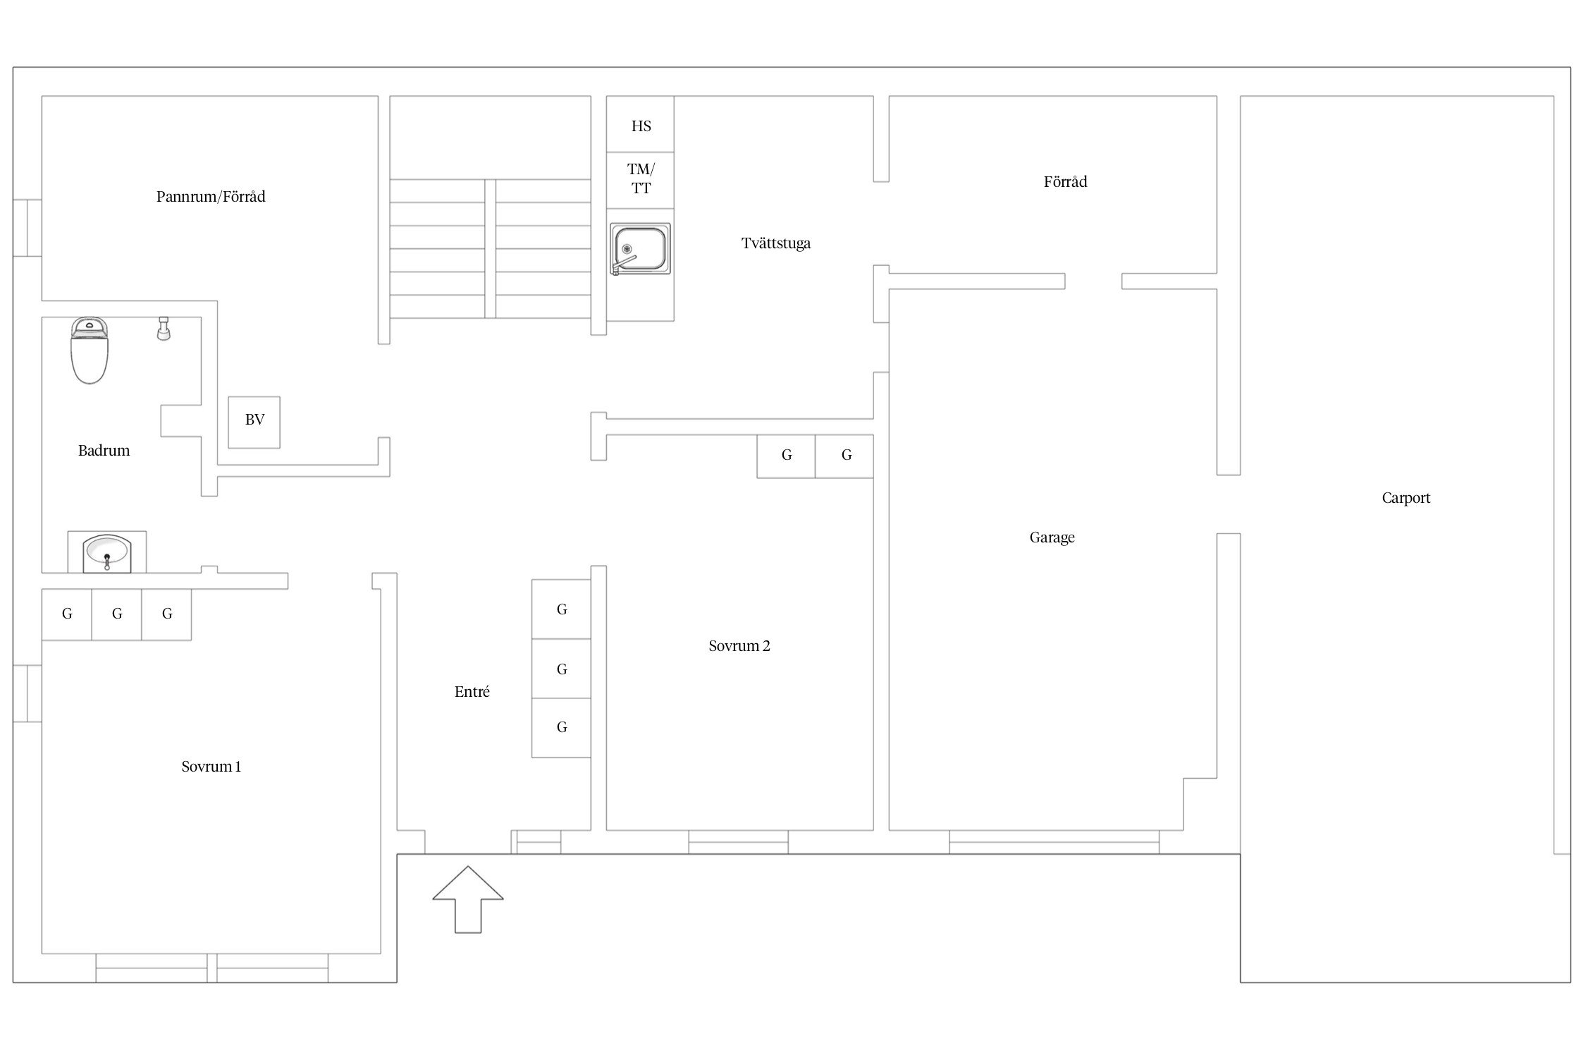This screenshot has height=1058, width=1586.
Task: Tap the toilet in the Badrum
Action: pos(90,351)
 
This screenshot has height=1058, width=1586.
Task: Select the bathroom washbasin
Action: pos(106,553)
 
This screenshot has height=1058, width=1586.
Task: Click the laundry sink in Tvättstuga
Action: pos(639,249)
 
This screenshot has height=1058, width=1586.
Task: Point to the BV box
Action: pos(254,421)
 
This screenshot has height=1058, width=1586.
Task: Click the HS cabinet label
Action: pos(641,126)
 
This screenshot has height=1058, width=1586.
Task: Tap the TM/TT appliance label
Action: pos(641,178)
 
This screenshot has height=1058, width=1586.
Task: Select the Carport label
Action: pos(1406,498)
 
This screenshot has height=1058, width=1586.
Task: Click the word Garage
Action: pos(1052,537)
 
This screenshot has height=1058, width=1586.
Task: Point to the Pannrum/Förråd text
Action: pos(211,197)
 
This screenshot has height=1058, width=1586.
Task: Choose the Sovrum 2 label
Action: pos(739,646)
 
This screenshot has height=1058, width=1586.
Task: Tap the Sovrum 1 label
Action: pos(211,767)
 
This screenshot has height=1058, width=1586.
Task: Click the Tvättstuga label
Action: pos(775,243)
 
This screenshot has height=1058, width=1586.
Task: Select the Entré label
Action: pos(472,692)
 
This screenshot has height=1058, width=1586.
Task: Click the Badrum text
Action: pos(104,451)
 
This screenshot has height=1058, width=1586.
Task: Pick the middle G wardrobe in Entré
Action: pos(561,669)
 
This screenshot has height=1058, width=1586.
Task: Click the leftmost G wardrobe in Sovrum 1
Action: pos(67,614)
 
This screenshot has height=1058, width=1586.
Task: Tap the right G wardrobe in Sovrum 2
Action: pos(846,456)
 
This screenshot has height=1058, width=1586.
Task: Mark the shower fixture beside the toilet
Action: pos(164,329)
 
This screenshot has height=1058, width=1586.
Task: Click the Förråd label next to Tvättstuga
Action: pos(1065,182)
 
